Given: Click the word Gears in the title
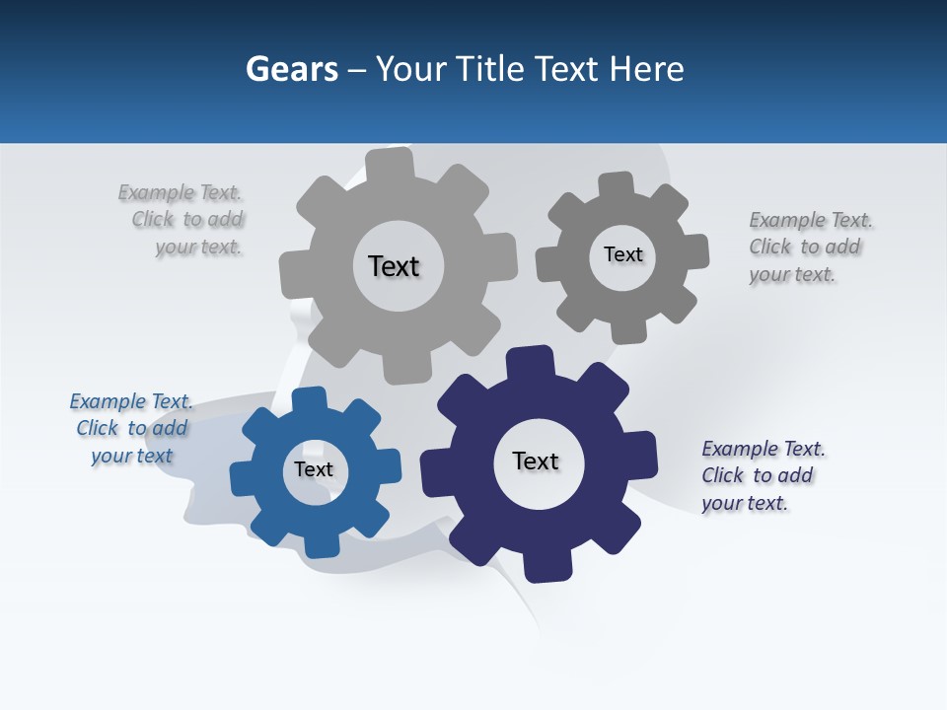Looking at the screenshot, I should (292, 70).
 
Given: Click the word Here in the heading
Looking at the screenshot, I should (646, 70).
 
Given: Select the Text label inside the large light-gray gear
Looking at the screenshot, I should (394, 266).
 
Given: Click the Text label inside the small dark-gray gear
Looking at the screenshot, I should (622, 254).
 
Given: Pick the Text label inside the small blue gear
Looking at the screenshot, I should (314, 469).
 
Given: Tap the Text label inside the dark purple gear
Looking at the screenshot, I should (536, 461).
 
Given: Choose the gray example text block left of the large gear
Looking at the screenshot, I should (182, 220).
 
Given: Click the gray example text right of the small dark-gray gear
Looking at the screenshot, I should (810, 247).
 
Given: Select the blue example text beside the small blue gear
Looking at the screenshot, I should (131, 428).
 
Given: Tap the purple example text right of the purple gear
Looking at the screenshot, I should (763, 475).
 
